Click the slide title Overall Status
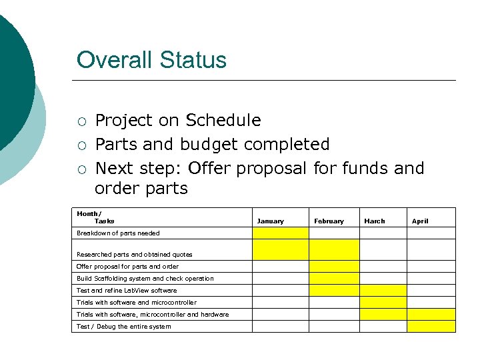click(x=151, y=60)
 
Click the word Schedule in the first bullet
click(x=223, y=121)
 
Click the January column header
click(x=270, y=221)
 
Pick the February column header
click(x=329, y=221)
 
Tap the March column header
click(x=374, y=221)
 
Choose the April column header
click(x=420, y=221)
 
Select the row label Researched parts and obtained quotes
click(x=134, y=255)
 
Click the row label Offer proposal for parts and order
click(x=127, y=267)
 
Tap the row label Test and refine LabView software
click(x=127, y=291)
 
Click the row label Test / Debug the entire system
click(x=123, y=327)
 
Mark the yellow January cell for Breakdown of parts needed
click(x=280, y=233)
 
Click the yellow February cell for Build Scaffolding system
click(x=334, y=279)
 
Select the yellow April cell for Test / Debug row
click(x=431, y=327)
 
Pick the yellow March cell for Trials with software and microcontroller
click(x=383, y=303)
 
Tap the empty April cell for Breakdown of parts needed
click(x=431, y=233)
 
